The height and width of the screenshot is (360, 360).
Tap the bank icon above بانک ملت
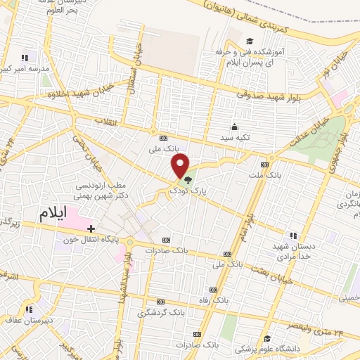[264, 162]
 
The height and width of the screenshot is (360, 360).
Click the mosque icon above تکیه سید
[233, 127]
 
